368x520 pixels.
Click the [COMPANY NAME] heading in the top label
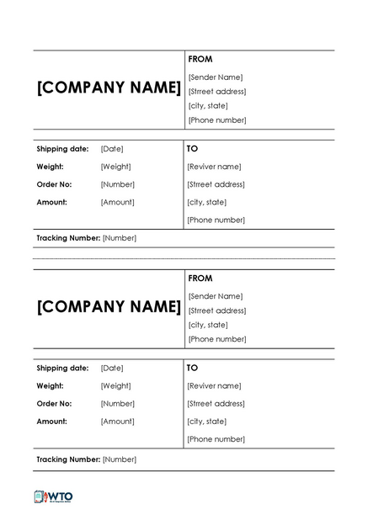click(x=109, y=88)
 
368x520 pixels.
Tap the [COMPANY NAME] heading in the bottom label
click(x=109, y=307)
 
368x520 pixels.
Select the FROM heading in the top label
click(x=200, y=59)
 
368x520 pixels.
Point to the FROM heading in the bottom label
click(x=200, y=278)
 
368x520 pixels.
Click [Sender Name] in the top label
click(x=216, y=77)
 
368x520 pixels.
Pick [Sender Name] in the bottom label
click(x=216, y=296)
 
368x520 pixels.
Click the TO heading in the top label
click(x=192, y=148)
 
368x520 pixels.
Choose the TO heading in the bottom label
click(x=192, y=368)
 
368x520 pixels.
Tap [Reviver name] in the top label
click(x=214, y=167)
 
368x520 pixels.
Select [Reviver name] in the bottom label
click(x=214, y=385)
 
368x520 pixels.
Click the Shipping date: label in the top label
click(x=62, y=149)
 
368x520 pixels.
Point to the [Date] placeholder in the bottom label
click(x=112, y=368)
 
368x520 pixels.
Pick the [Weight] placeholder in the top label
click(x=115, y=167)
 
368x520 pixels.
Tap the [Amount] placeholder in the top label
click(x=117, y=202)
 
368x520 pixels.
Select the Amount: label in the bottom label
click(x=52, y=421)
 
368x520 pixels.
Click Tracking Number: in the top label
click(x=68, y=238)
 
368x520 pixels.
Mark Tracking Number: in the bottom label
click(x=68, y=459)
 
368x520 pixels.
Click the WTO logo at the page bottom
click(x=53, y=496)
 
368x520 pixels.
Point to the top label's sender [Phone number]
click(x=217, y=120)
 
